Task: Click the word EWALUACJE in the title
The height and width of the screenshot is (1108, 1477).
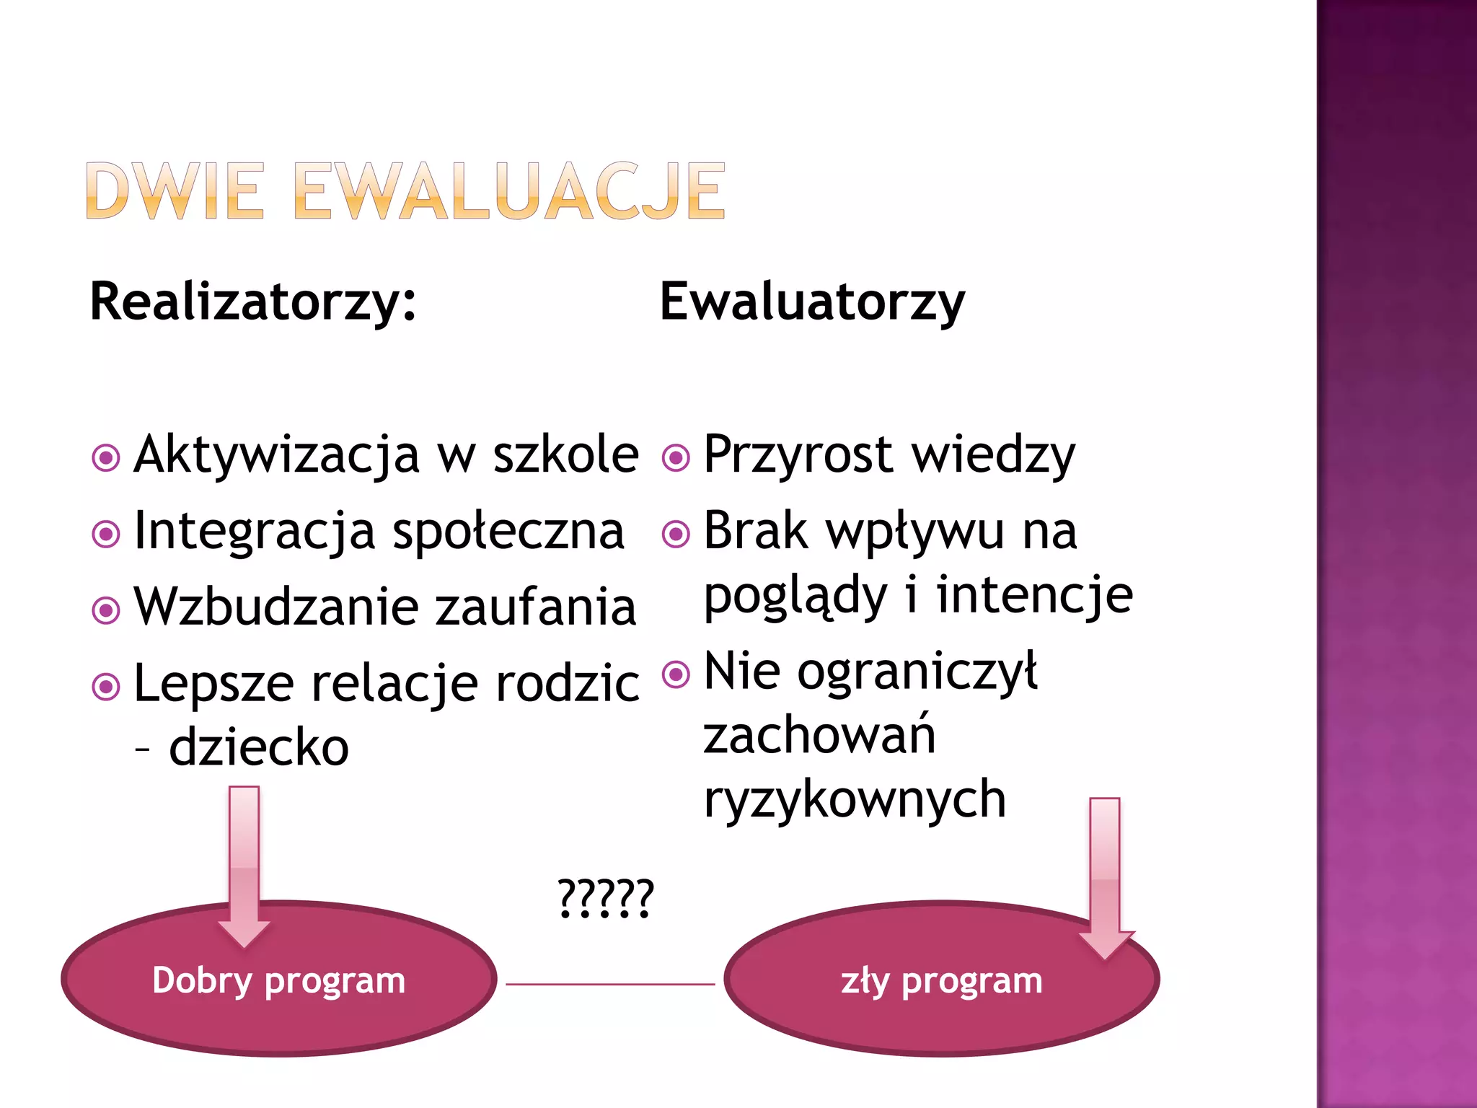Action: tap(509, 191)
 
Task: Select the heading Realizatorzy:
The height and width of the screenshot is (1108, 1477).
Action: tap(253, 302)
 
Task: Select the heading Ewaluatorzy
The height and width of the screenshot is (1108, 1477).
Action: tap(812, 302)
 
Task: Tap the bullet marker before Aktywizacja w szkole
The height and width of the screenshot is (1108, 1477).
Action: tap(106, 457)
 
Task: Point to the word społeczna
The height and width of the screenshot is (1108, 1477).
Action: tap(508, 532)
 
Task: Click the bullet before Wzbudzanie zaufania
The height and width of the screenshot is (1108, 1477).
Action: tap(106, 610)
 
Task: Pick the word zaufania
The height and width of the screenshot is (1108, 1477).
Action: tap(537, 607)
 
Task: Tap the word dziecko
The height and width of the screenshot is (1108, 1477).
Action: tap(259, 747)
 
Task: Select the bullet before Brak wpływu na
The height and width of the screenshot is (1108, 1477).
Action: tap(676, 534)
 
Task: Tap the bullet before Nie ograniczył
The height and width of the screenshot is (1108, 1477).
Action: tap(676, 674)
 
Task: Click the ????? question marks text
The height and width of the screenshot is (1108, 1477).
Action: tap(606, 899)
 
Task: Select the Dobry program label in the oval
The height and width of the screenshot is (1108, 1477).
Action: tap(279, 981)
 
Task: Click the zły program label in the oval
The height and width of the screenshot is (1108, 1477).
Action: tap(941, 981)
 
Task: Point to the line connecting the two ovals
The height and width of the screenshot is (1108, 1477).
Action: tap(610, 984)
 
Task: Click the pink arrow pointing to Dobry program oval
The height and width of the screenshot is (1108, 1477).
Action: tap(244, 866)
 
